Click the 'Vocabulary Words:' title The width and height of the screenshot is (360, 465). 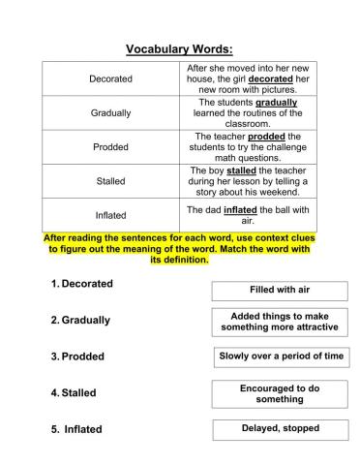tap(180, 47)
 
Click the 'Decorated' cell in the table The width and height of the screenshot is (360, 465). tap(110, 79)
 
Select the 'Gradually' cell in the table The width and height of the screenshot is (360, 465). tap(110, 113)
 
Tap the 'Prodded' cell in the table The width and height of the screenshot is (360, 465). tap(110, 147)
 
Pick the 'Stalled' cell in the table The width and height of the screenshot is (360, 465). tap(110, 181)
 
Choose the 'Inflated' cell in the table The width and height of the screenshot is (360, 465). tap(110, 215)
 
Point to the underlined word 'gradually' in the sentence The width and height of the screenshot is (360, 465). tap(276, 102)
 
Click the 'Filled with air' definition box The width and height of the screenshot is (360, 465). tap(279, 291)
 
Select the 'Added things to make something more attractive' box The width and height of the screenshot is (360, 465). tap(279, 322)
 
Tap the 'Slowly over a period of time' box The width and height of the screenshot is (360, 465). tap(279, 356)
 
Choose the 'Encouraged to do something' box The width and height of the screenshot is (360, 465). tap(279, 392)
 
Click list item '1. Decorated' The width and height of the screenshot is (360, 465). tap(81, 284)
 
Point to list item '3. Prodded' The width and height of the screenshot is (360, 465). tap(76, 356)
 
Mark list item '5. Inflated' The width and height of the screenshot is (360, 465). tap(76, 428)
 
